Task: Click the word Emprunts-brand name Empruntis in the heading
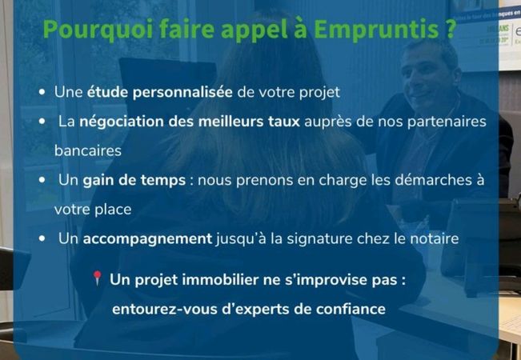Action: click(376, 30)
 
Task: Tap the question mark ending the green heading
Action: click(450, 29)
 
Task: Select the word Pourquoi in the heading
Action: click(98, 30)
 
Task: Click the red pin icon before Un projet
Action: click(97, 278)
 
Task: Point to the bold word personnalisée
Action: click(182, 92)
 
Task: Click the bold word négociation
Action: click(122, 122)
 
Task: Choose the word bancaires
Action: click(88, 150)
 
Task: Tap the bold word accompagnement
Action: click(147, 239)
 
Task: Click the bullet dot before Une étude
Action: click(42, 92)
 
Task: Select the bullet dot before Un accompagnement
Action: click(42, 238)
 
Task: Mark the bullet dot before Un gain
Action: click(42, 180)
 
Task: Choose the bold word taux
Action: click(284, 122)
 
